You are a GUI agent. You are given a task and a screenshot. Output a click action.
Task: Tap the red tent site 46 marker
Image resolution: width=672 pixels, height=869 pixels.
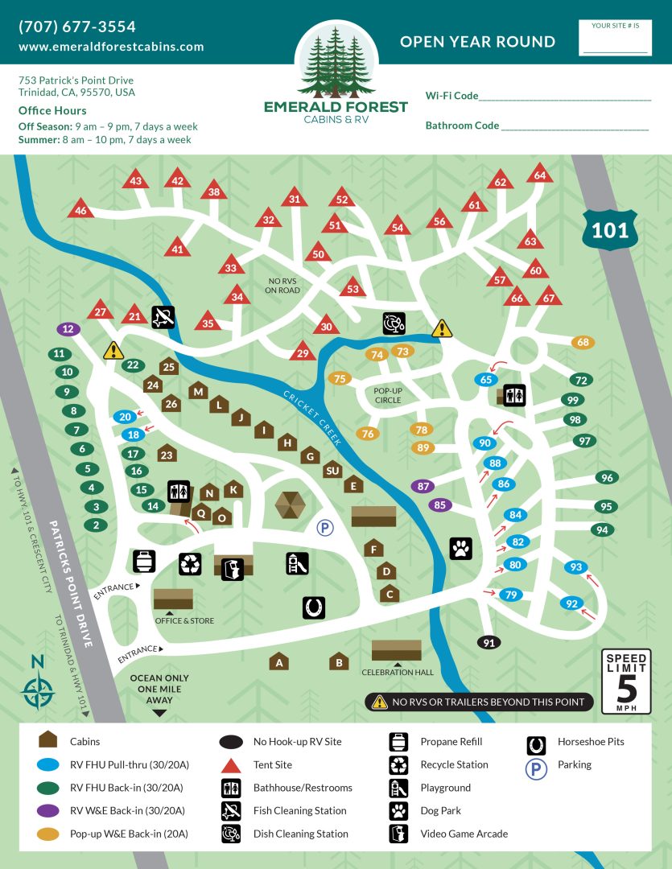pos(80,211)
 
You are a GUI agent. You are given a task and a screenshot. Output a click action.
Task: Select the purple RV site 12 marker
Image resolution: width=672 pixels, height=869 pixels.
pos(68,328)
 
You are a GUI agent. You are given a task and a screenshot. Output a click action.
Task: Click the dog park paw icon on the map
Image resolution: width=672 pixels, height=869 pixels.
pos(460,549)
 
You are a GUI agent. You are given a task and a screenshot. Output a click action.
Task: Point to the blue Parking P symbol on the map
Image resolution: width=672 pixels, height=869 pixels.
pos(324,528)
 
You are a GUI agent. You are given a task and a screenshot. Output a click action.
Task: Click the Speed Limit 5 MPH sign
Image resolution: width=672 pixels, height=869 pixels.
pos(625,681)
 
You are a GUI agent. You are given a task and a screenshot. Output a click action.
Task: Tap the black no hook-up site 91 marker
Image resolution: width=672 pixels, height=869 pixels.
pos(488,642)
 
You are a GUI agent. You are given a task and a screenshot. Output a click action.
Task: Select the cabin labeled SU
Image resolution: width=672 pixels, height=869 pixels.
pos(332,471)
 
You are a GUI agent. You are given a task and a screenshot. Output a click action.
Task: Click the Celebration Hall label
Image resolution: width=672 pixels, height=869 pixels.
pos(397,673)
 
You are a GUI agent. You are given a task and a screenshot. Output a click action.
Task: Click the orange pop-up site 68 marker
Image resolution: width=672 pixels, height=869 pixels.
pos(583,343)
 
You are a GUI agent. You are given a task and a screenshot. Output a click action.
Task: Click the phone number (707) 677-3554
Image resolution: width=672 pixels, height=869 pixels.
pos(77,27)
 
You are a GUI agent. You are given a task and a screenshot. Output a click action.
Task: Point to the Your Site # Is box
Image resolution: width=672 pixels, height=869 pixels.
pos(615,38)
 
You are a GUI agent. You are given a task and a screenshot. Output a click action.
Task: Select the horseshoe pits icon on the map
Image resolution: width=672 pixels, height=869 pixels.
pos(314,607)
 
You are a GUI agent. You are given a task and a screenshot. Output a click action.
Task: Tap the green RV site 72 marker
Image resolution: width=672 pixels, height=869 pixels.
pos(580,380)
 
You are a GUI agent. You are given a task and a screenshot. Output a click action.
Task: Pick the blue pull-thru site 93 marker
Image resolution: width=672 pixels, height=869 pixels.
pos(575,567)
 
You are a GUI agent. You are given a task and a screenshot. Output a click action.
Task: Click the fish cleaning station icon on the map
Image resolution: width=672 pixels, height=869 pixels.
pos(163,317)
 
